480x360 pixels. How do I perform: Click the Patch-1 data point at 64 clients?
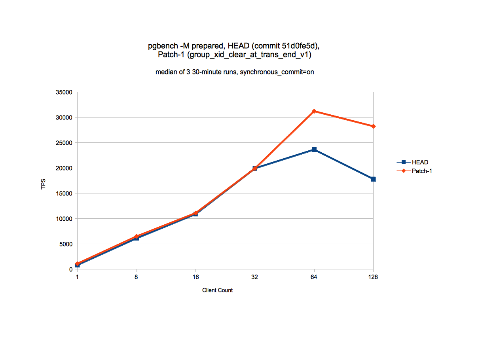(314, 111)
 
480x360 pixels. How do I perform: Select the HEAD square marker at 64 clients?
(314, 150)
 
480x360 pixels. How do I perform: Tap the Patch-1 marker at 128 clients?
(373, 126)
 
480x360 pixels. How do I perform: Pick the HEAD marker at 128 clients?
(373, 179)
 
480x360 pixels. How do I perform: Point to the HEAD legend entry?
(420, 162)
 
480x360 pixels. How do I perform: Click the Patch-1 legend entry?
(422, 171)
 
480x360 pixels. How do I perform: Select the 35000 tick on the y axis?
(65, 92)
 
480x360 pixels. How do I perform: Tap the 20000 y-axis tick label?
(65, 168)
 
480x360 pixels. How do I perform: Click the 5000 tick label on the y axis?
(66, 244)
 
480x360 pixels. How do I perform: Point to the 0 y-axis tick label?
(71, 269)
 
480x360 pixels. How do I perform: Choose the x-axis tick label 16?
(195, 277)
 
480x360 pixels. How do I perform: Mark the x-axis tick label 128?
(373, 277)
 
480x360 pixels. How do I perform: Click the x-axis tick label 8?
(136, 277)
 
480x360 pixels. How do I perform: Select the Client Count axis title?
(217, 290)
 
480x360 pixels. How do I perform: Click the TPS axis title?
(43, 184)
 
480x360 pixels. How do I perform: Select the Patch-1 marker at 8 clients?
(136, 237)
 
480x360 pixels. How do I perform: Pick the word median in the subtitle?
(165, 72)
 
